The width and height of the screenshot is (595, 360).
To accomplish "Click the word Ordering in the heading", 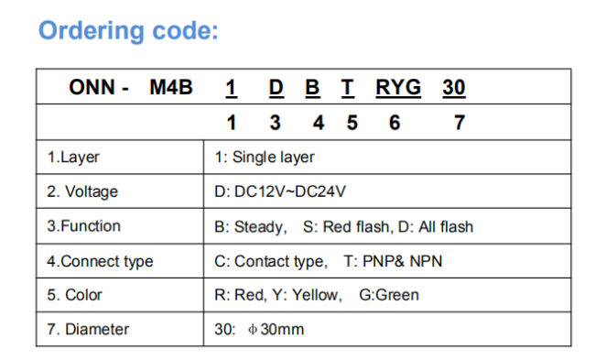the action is coord(92,31).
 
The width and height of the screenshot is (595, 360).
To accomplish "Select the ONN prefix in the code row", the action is coord(92,87).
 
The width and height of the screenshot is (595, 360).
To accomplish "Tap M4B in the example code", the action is coord(171,87).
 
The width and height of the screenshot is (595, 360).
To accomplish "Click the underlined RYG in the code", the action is coord(398,88).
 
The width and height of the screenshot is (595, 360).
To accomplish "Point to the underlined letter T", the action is coord(348,88).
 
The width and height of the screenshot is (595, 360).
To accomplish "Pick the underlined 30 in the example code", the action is coord(454,88).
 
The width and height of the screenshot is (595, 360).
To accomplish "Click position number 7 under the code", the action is coord(460,123).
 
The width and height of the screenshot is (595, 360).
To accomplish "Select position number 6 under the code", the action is coord(395,123).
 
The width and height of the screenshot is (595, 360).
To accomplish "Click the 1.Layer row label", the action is coord(73,158).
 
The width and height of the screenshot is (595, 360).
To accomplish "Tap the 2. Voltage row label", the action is coord(82,191).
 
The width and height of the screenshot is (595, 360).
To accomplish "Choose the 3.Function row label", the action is coord(84,226).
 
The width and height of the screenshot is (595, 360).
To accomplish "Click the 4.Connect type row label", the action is coord(100,261).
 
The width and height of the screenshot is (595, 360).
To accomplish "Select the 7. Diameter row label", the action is coord(88,329).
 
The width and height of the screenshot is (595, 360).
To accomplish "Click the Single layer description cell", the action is coord(265,158).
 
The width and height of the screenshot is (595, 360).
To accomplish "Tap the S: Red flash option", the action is coord(347,226).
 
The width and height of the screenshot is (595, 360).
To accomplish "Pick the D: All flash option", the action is coord(436,226).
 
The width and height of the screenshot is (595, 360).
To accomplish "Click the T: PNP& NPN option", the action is coord(393,261).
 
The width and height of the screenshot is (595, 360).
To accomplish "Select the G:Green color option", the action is coord(389,295).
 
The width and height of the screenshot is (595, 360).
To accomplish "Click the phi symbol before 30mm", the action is coord(253,329).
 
